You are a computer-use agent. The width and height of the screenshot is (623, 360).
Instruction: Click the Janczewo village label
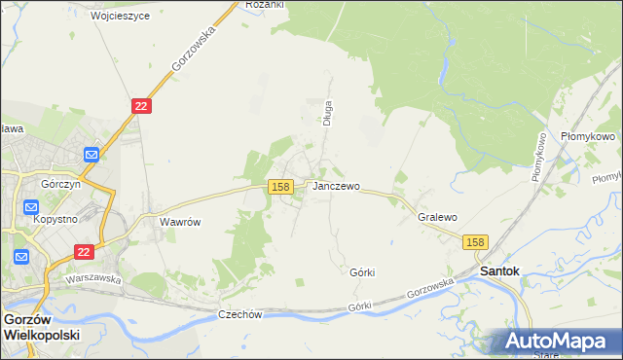coord(336,186)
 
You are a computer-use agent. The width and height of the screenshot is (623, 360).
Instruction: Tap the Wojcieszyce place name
coord(120,17)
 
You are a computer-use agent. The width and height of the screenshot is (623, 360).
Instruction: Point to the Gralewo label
coord(437,217)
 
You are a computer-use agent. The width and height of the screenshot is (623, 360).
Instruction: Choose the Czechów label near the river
coord(240,314)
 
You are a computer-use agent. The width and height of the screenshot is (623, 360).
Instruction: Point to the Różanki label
coord(264,5)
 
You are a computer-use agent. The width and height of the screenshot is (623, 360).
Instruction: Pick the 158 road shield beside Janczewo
coord(280,186)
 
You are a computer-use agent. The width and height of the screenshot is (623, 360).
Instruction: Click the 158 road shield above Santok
coord(475,242)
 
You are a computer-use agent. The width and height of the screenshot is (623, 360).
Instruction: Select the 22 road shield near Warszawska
coord(85,251)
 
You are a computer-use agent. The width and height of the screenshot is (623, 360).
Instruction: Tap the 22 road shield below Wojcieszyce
coord(141,106)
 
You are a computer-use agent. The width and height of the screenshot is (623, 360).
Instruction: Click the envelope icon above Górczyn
coord(92,154)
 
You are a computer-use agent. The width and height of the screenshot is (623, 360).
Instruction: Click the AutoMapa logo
coord(556,341)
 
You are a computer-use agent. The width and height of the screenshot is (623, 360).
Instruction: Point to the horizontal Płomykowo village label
coord(587,137)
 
